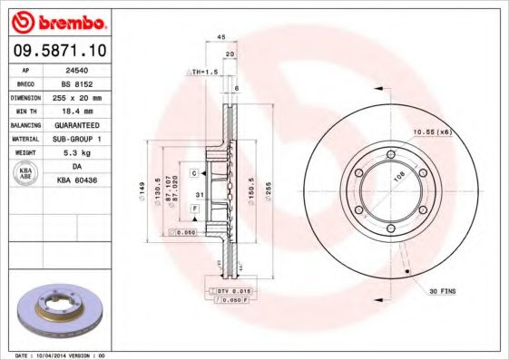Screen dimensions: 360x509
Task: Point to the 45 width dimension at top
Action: click(x=221, y=36)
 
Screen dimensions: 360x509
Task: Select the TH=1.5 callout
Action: click(x=204, y=71)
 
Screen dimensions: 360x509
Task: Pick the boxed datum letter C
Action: click(x=194, y=172)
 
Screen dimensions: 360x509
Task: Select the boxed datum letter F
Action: click(x=194, y=209)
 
